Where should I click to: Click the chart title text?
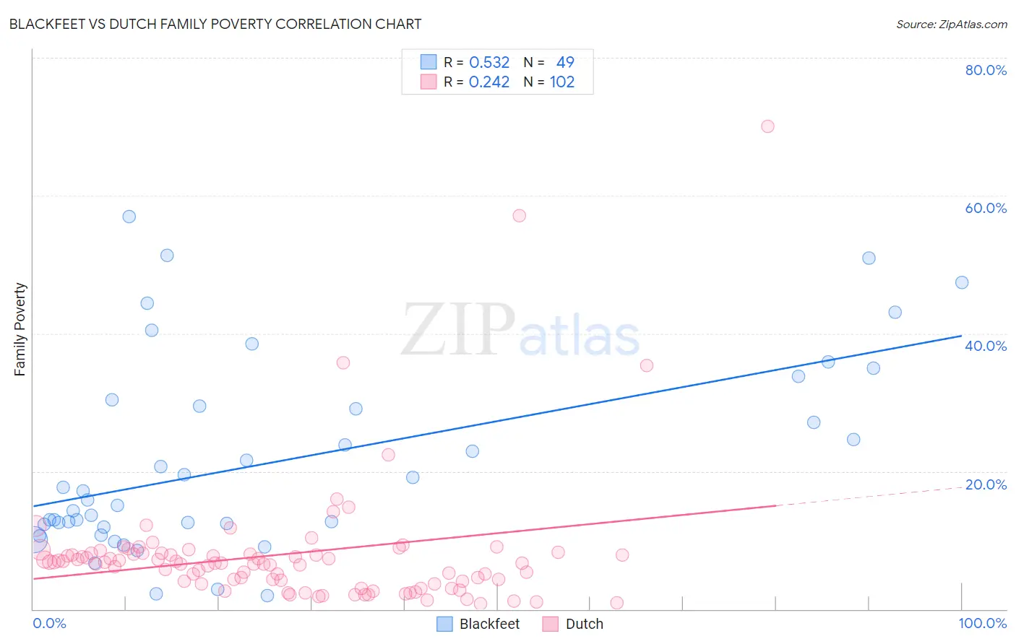(215, 24)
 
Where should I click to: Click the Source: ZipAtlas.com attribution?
(951, 24)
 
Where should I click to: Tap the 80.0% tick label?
(986, 70)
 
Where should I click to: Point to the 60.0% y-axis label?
(986, 208)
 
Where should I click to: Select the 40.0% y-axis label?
(986, 346)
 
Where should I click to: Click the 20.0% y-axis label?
(986, 484)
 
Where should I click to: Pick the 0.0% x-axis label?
(49, 623)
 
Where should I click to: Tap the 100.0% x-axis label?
(982, 623)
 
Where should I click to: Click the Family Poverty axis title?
(20, 329)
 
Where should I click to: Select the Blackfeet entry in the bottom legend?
(489, 624)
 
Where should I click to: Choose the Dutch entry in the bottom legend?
(584, 624)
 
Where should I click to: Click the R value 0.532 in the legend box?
(489, 63)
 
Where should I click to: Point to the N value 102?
(562, 82)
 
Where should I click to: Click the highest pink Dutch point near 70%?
(767, 126)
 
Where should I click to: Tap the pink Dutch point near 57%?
(519, 215)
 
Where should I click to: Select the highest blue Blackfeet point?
(129, 217)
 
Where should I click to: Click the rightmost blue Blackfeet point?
(962, 282)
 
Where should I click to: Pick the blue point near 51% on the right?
(869, 258)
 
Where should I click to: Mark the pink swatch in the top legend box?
(429, 82)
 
